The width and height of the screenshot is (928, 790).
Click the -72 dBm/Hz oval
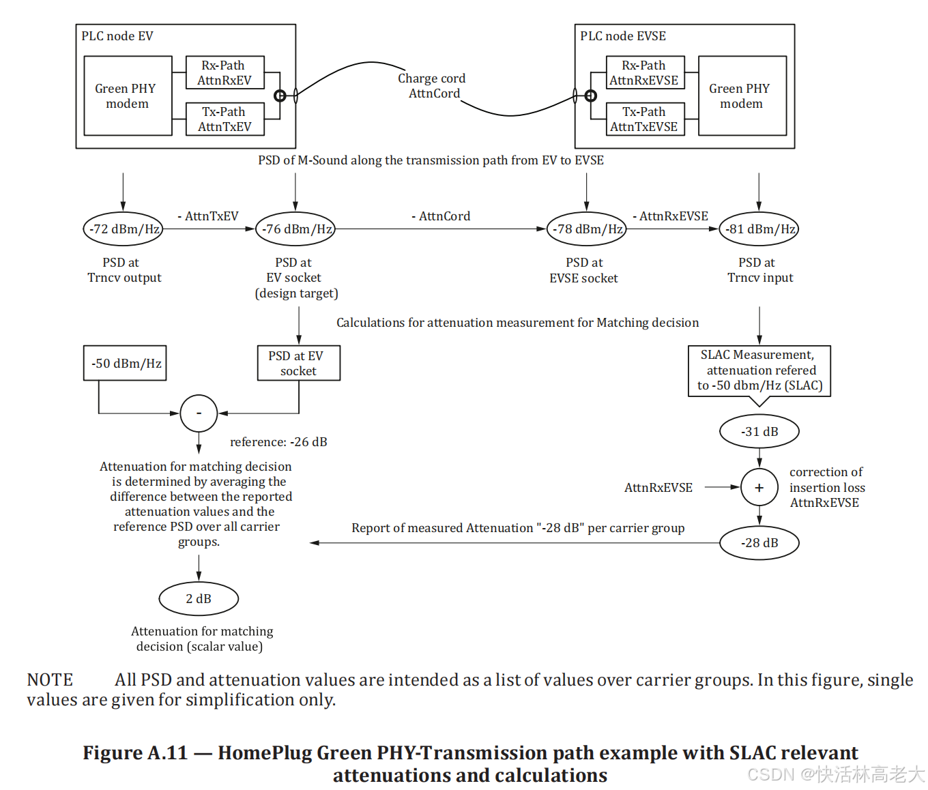coord(123,229)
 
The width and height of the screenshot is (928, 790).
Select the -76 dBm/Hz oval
coord(295,229)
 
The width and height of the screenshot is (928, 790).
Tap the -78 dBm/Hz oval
coord(587,229)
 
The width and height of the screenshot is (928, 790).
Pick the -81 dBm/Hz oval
coord(759,229)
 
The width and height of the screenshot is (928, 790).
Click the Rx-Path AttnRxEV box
coord(225,73)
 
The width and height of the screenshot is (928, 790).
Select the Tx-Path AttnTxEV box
coord(225,119)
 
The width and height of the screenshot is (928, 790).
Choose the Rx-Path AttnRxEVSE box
coord(645,73)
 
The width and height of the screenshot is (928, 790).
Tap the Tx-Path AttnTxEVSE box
coord(645,119)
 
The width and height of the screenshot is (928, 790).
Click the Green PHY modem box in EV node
coord(128,96)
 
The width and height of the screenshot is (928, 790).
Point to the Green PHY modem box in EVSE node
coord(742,96)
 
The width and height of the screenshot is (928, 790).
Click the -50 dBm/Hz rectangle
coord(125,364)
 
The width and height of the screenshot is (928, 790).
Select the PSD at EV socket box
coord(298,364)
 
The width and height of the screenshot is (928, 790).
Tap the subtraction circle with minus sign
coord(199,413)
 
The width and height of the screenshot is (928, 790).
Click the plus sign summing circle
coord(759,488)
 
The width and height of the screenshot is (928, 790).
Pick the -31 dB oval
coord(759,432)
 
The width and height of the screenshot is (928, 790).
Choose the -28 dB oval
coord(759,543)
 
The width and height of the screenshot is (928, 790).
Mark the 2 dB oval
coord(199,599)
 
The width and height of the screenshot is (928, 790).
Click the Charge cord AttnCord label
coord(433,86)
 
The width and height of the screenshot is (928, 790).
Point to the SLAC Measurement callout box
coord(759,370)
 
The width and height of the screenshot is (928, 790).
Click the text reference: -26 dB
coord(278,442)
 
